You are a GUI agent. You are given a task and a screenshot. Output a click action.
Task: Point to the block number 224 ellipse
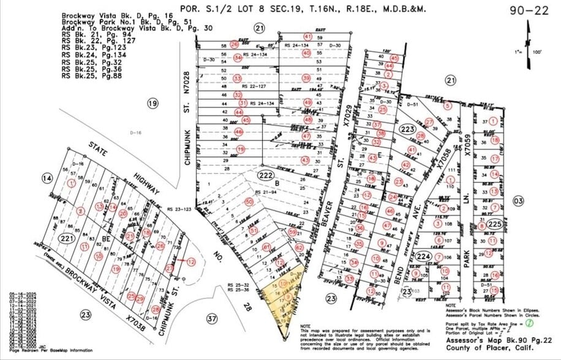pyautogui.click(x=423, y=256)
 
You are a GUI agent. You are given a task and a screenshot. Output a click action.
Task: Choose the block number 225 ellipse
pyautogui.click(x=495, y=225)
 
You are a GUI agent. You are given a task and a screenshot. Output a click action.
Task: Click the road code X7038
pyautogui.click(x=135, y=318)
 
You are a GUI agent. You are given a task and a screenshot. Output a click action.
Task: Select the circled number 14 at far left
pyautogui.click(x=47, y=178)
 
